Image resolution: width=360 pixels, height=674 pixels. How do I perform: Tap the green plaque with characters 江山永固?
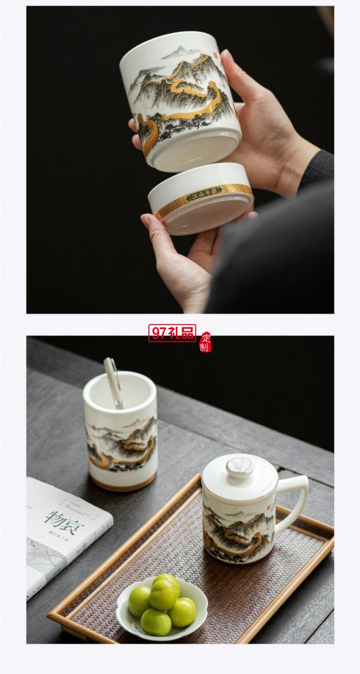point(204,195)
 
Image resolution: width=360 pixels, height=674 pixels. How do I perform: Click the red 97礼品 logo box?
point(172,333)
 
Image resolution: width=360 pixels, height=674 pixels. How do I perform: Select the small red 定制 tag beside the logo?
point(205,341)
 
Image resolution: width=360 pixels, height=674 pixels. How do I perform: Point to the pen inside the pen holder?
point(113,382)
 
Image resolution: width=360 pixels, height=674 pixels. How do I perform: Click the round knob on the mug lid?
point(240,466)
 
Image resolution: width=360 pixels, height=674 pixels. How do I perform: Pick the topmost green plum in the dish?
point(166,581)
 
